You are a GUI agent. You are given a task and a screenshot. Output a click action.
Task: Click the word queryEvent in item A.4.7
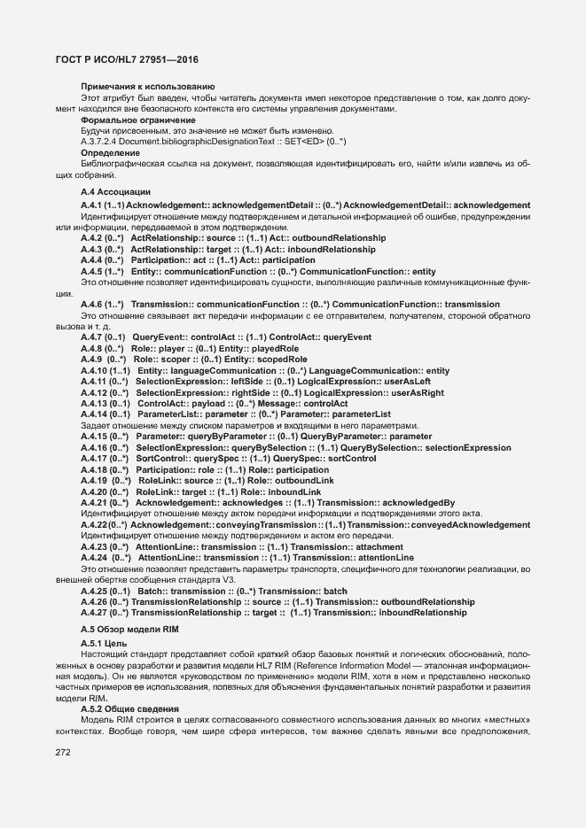coord(323,337)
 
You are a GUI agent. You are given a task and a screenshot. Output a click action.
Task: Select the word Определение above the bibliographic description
coord(111,152)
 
